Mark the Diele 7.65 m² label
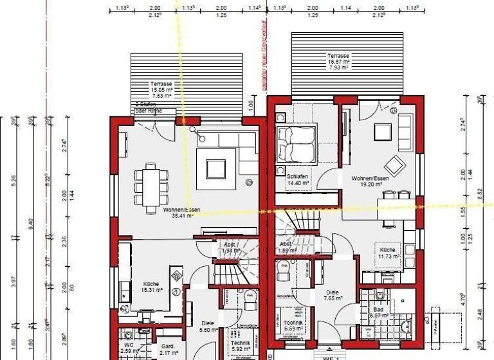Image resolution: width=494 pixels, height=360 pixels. [x=332, y=294]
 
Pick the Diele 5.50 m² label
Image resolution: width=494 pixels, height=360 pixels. [x=207, y=327]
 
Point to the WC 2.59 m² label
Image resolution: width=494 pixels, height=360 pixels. [x=128, y=347]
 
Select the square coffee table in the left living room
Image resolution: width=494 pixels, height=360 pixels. [x=215, y=168]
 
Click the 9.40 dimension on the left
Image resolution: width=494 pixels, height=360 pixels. [x=30, y=222]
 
